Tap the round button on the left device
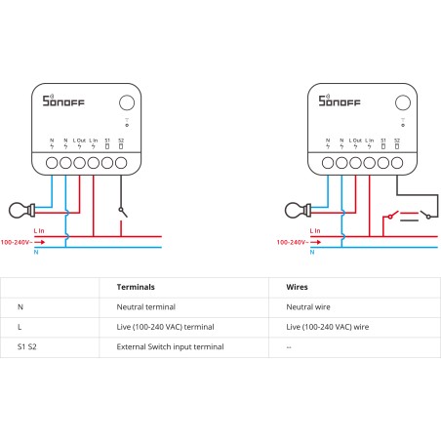127,102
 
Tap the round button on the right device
400,102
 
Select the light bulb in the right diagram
292,208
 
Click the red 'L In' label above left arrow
39,231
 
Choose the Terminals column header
136,288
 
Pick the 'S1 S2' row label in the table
28,346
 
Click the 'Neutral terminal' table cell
143,306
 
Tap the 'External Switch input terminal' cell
170,346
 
